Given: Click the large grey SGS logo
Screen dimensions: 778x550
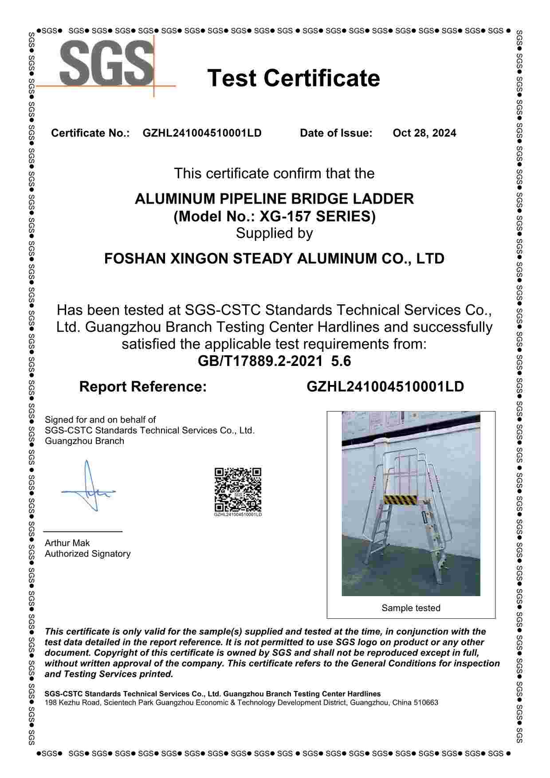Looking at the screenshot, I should [106, 63].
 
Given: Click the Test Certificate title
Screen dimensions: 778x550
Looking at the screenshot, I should [294, 78].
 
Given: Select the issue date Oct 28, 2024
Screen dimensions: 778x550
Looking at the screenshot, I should [424, 133].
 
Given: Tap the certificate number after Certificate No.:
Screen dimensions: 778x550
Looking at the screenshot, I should [202, 133].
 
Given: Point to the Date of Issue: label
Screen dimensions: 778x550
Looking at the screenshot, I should [336, 133].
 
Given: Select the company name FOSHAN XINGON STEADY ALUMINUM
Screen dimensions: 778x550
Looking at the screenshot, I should [274, 258].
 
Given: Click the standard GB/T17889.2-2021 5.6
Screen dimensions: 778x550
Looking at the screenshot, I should [274, 361].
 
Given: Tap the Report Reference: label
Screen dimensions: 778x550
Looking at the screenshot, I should [143, 387].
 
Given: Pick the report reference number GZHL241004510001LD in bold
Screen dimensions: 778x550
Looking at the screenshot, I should [385, 387].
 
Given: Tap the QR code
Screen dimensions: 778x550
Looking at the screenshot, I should [238, 490].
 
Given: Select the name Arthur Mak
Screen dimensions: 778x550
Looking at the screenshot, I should [67, 543].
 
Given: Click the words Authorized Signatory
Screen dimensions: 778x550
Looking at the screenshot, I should [87, 554].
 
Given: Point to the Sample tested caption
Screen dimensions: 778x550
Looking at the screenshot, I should [411, 608].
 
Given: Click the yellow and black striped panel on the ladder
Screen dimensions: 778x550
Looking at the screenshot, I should [401, 499].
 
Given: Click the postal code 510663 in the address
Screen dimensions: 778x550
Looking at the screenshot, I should [426, 703].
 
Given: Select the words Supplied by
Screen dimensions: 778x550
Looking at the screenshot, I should [274, 233].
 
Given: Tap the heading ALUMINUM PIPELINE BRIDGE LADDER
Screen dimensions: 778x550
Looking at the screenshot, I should [274, 198].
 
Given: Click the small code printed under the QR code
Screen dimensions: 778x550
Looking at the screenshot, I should [238, 515].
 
